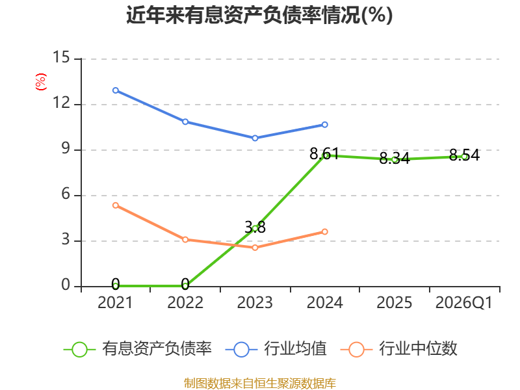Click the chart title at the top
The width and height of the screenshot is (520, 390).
coord(259,15)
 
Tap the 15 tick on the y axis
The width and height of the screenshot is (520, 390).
coord(61,57)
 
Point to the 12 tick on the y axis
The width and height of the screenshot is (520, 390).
coord(61,103)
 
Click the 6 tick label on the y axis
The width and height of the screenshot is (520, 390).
coord(66,194)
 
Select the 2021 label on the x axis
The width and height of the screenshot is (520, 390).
coord(115,302)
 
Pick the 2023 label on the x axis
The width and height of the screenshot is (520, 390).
coord(255,302)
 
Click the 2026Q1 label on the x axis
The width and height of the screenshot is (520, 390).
coord(463,302)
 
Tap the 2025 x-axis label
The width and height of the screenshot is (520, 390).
coord(395,302)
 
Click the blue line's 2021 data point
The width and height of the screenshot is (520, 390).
coord(116,90)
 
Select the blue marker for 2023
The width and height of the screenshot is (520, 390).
coord(255,138)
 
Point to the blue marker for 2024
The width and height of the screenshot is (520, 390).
coord(324,124)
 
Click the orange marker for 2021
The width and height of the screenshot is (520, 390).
coord(116,205)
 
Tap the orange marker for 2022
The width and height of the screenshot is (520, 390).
coord(185,239)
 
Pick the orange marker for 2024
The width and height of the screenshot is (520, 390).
coord(324,231)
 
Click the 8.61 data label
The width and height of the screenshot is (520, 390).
coord(324,153)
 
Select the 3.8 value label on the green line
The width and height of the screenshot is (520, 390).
coord(255,227)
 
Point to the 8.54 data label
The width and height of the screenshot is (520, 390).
coord(464,155)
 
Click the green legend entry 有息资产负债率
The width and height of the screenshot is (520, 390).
coord(138,349)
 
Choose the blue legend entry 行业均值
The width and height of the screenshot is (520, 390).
coord(276,349)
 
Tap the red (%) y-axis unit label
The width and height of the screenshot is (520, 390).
coord(41,82)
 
